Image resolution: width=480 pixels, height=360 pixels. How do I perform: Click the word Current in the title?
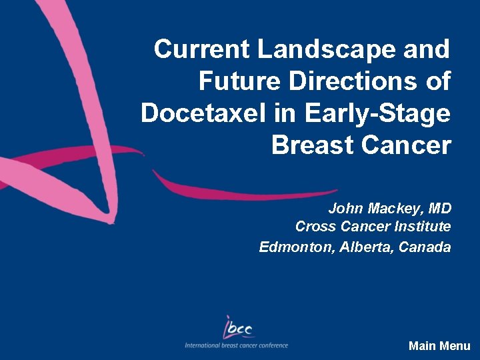tap(202, 49)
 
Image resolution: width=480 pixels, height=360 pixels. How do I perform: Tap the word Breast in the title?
tap(312, 145)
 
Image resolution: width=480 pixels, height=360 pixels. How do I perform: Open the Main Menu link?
tap(439, 346)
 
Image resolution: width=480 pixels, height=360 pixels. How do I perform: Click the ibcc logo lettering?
tap(238, 327)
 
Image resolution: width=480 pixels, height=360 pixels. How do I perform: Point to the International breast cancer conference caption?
tap(237, 345)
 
